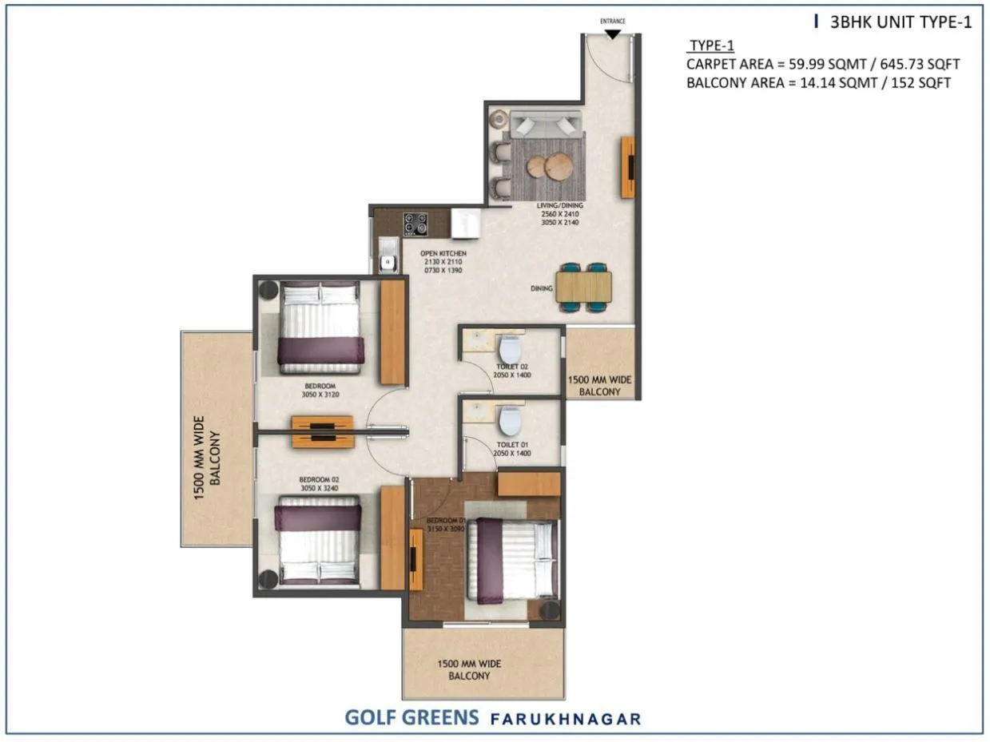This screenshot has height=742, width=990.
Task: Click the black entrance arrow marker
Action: point(612,34)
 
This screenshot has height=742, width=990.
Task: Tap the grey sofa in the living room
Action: point(547,125)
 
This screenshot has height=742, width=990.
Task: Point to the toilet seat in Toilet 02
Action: point(509,349)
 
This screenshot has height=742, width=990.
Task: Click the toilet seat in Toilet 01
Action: point(509,419)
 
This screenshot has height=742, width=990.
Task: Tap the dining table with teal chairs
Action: point(584,286)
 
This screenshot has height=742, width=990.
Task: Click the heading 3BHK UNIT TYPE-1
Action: point(901,22)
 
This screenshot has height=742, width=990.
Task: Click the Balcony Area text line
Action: point(818,82)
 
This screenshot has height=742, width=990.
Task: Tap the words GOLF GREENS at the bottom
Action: point(411,716)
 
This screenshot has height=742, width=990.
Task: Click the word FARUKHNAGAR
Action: point(566,718)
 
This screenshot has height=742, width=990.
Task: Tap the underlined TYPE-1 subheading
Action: point(711,46)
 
